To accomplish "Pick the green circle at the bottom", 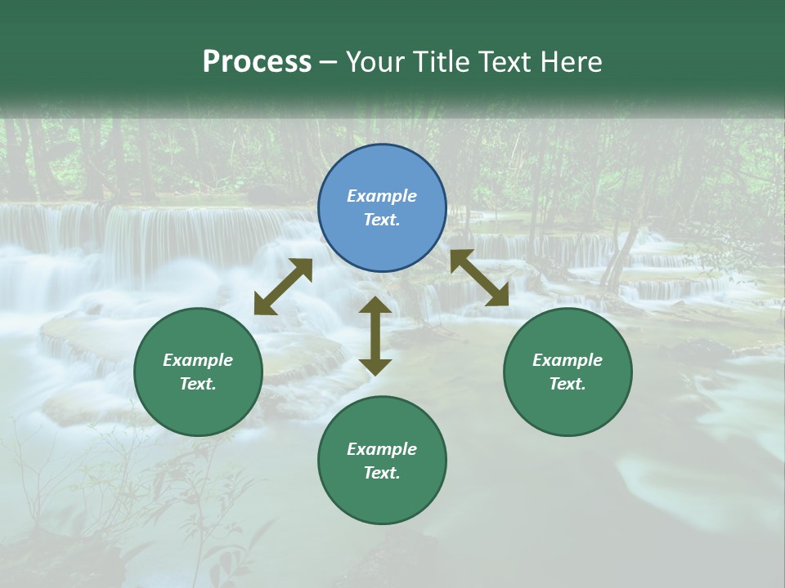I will click(x=382, y=498).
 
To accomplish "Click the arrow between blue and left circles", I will click(x=283, y=287).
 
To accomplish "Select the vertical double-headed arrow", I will click(x=375, y=336).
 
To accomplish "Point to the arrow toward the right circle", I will click(x=479, y=278).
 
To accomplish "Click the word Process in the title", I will click(x=257, y=61).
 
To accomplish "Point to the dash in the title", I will click(x=329, y=61).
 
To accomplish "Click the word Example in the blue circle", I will click(x=382, y=196).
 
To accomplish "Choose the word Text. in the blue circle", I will click(x=382, y=220).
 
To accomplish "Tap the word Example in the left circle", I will click(x=198, y=360).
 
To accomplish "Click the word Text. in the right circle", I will click(x=567, y=384).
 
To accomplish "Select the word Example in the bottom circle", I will click(x=382, y=449).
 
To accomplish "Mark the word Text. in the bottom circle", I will click(x=382, y=473).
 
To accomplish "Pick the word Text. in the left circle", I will click(x=198, y=384).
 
